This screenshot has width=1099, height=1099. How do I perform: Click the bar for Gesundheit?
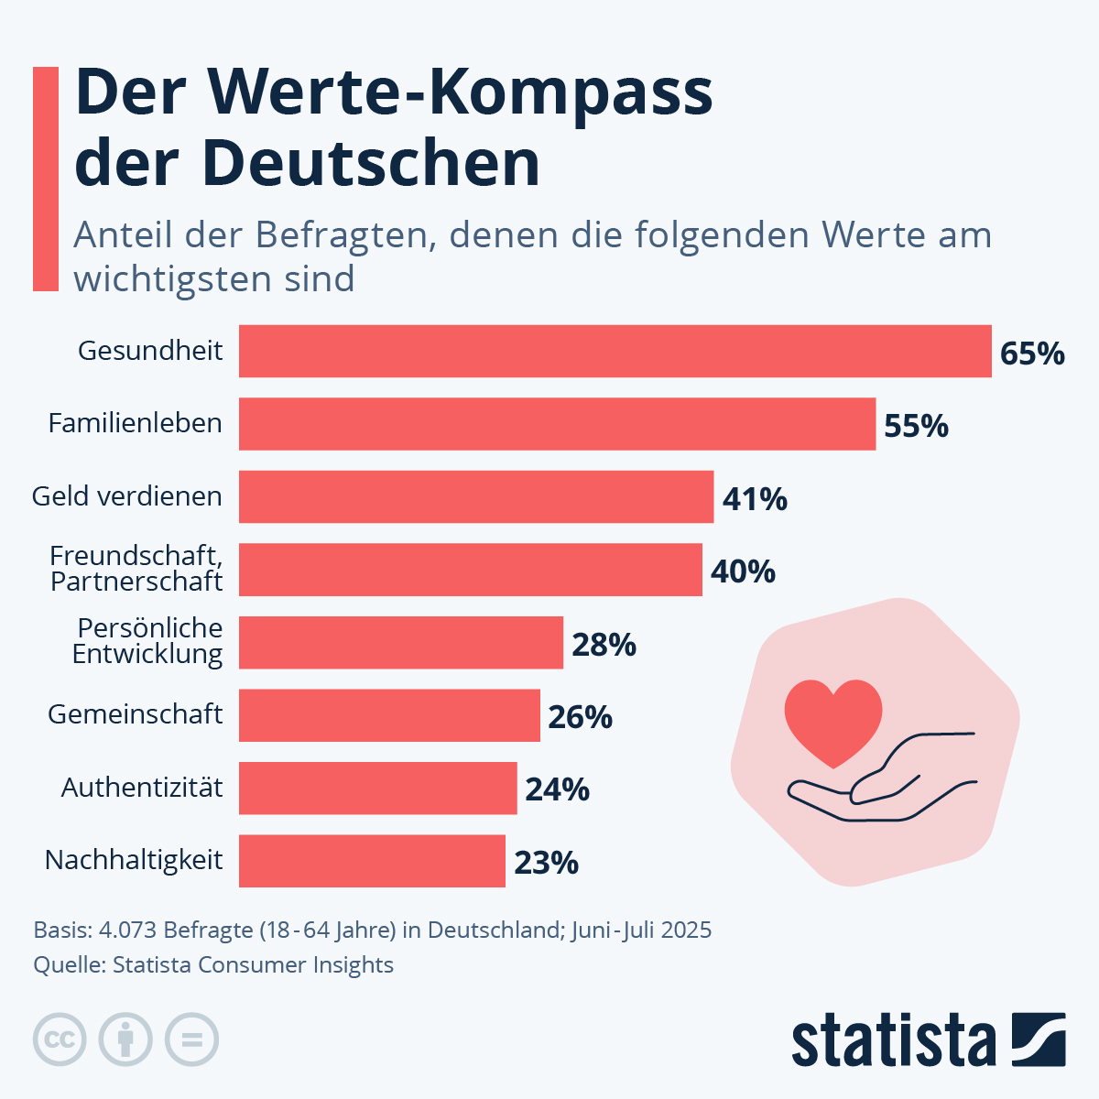[615, 351]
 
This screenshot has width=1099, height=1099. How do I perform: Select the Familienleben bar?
[557, 424]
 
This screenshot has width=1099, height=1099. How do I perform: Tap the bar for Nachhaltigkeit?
[372, 861]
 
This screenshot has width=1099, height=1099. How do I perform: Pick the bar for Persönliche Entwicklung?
[400, 642]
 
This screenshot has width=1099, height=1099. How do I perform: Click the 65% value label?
[1032, 354]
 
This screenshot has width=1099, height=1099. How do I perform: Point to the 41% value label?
[755, 499]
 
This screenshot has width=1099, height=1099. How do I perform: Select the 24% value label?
[557, 789]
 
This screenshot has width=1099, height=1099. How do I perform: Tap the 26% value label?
[580, 717]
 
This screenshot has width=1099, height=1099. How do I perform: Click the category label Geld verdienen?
[127, 496]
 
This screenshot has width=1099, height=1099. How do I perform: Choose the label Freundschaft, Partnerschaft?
[136, 569]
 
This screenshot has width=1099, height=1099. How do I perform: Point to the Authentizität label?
[142, 788]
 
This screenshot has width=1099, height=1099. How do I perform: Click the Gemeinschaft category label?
[135, 714]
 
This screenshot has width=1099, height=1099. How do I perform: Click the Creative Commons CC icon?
[60, 1040]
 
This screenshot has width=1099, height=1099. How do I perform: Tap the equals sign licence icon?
[192, 1040]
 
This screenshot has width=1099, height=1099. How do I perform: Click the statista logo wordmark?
[893, 1040]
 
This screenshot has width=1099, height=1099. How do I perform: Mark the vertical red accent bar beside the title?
[46, 179]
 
